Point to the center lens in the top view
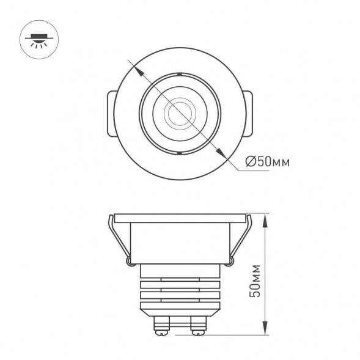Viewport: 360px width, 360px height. (x=179, y=113)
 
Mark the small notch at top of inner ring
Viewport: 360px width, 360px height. (x=179, y=74)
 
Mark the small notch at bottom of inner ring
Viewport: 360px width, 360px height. (x=179, y=153)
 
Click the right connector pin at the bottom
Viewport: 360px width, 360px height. (x=197, y=325)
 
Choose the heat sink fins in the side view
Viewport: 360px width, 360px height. (x=179, y=290)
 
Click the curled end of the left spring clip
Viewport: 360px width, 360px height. (x=130, y=262)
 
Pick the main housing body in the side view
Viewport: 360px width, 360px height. (x=179, y=241)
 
